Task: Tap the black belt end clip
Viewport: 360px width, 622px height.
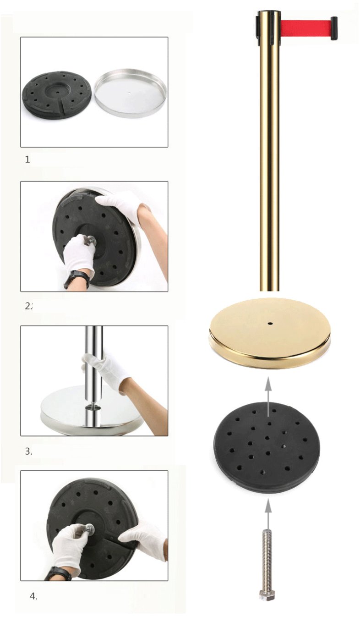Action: (x=334, y=28)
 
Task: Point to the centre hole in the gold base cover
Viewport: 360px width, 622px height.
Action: (x=270, y=323)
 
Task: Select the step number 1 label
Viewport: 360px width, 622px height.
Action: (x=27, y=160)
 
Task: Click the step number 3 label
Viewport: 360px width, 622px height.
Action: (x=28, y=451)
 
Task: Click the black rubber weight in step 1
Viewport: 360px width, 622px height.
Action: (x=57, y=95)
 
